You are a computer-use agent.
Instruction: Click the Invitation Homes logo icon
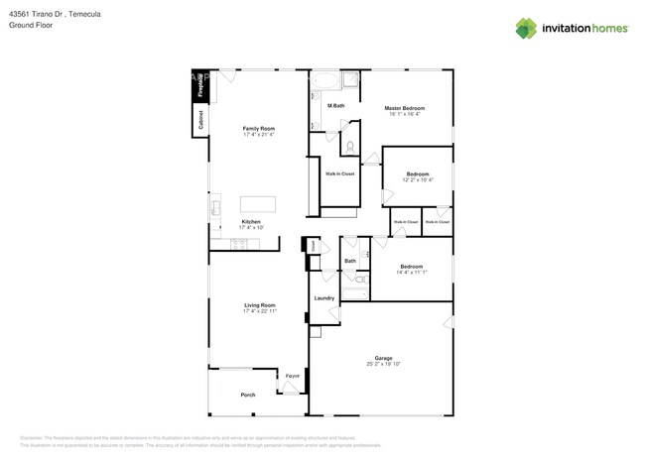coord(525,28)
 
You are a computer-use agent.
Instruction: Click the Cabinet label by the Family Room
coord(200,120)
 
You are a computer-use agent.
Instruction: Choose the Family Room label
coord(259,129)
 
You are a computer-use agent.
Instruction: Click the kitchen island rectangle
coord(257,204)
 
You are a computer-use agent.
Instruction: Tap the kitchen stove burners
coord(248,243)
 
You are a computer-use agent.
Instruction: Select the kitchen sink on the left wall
coord(214,208)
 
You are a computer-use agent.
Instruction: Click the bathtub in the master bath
coord(324,81)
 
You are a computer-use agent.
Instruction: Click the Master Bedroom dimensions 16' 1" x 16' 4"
coord(405,114)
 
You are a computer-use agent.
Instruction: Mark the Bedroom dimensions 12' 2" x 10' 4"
coord(417,179)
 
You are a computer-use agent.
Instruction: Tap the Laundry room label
coord(323,298)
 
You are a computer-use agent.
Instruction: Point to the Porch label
coord(248,395)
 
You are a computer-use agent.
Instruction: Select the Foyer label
coord(293,377)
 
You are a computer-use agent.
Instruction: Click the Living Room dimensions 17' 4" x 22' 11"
coord(260,311)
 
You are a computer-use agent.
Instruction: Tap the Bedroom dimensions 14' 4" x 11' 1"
coord(412,272)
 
